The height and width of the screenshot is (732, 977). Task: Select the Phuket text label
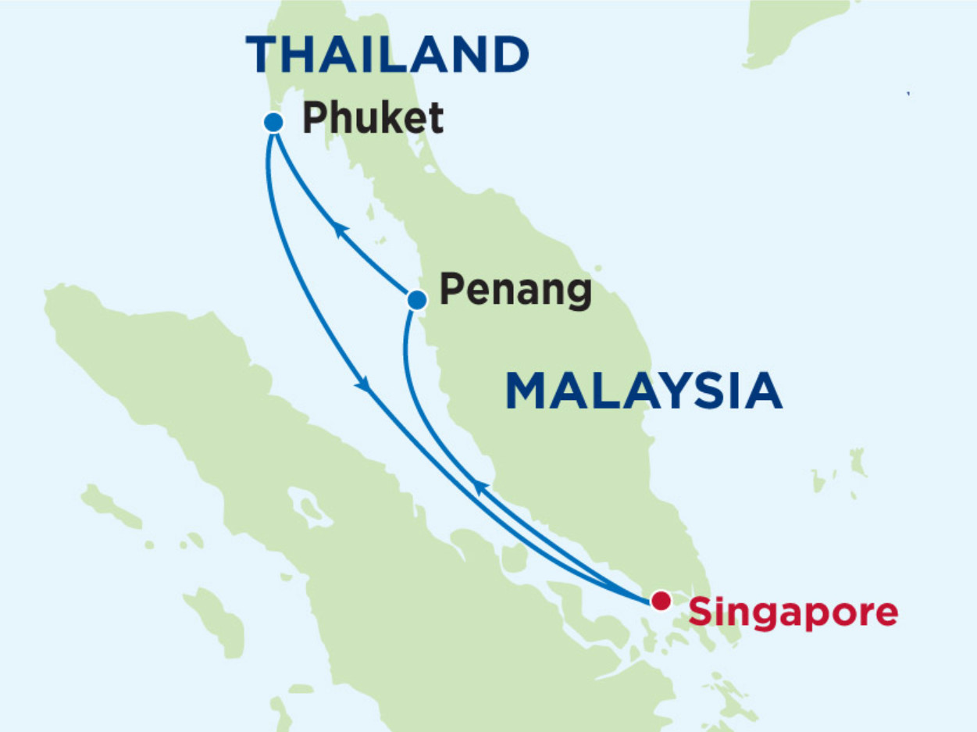point(373,119)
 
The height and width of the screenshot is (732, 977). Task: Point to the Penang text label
point(515,291)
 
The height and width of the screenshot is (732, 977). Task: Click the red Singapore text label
point(793,613)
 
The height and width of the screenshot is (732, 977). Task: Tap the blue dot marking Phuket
point(273,122)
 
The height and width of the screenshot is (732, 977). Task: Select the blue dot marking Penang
point(417,299)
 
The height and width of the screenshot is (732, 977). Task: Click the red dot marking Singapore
point(661,601)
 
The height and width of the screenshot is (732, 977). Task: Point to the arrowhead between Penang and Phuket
point(339,229)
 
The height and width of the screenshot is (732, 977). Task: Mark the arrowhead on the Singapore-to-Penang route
point(480,487)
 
